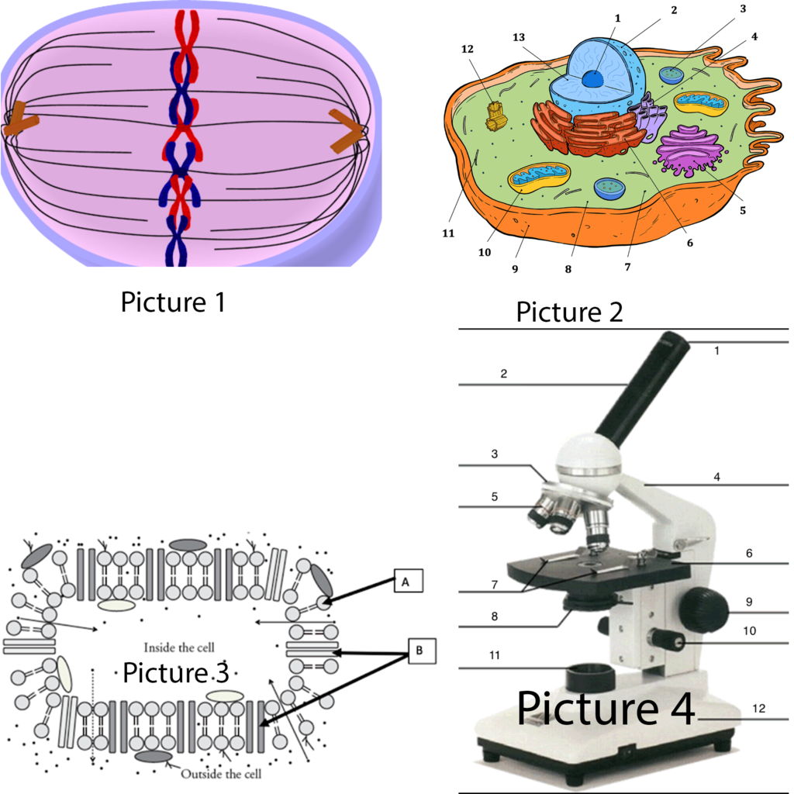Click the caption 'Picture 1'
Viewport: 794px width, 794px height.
point(173,302)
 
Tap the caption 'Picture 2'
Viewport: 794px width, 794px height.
point(569,312)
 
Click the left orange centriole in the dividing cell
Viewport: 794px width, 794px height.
point(19,119)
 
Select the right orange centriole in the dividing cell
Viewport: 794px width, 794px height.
point(347,129)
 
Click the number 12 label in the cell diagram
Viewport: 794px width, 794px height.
point(467,49)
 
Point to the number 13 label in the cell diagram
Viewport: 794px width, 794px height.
point(519,37)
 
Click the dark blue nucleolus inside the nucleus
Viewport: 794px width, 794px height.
point(592,78)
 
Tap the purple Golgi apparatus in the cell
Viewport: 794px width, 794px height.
point(689,150)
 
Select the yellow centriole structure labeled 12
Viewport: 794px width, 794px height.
point(496,117)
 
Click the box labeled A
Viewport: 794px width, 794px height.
point(408,581)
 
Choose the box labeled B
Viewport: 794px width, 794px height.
point(422,651)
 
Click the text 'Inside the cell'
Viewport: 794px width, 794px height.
point(179,647)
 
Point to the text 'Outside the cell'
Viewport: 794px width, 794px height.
point(221,774)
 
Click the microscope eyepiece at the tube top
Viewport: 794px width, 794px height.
point(672,344)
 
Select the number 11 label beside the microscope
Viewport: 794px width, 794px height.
point(494,655)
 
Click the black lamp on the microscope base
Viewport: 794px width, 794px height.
point(590,676)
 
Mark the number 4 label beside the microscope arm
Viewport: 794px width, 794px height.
point(716,477)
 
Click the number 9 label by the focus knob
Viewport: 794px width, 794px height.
point(749,602)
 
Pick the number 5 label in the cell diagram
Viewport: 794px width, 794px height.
point(742,210)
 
